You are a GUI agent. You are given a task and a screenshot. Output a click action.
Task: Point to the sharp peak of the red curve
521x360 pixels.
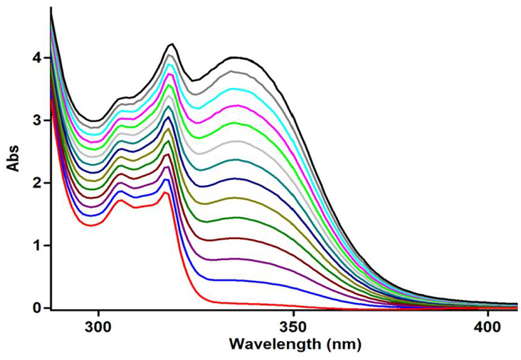click(165, 192)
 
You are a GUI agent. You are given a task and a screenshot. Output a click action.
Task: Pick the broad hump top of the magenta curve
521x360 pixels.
click(237, 105)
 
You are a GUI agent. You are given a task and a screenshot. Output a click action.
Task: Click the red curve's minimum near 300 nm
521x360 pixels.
click(92, 225)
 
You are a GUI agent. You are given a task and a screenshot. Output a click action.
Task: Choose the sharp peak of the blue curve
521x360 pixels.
click(165, 179)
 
